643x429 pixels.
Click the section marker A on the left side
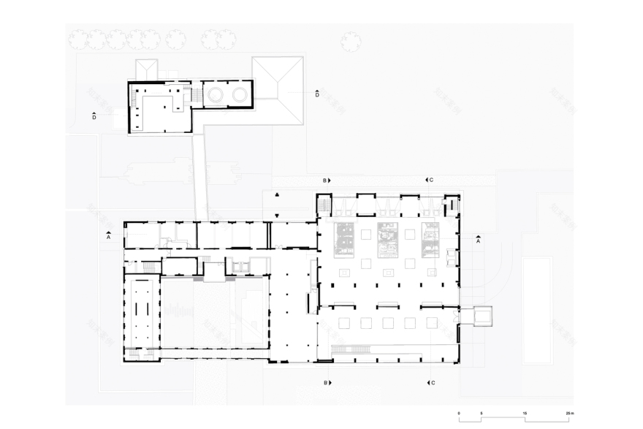[108, 236]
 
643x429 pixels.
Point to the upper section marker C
[430, 180]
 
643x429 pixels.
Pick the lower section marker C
[430, 383]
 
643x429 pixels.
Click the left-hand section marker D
[94, 115]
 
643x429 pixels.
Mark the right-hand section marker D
[316, 94]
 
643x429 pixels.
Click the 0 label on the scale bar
[459, 414]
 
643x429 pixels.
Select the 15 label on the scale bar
[525, 414]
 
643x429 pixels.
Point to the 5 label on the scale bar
[481, 414]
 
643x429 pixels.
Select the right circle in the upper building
[238, 94]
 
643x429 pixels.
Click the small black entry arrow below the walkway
[278, 215]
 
